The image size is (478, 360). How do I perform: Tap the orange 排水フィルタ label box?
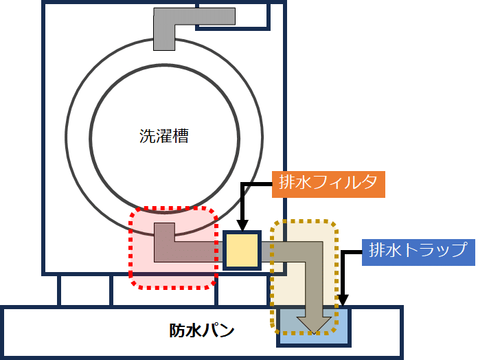pyautogui.click(x=328, y=183)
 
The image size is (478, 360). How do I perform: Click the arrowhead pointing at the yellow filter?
pyautogui.click(x=242, y=226)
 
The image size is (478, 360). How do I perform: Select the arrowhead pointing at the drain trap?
pyautogui.click(x=343, y=300)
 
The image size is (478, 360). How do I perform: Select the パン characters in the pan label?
pyautogui.click(x=219, y=331)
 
